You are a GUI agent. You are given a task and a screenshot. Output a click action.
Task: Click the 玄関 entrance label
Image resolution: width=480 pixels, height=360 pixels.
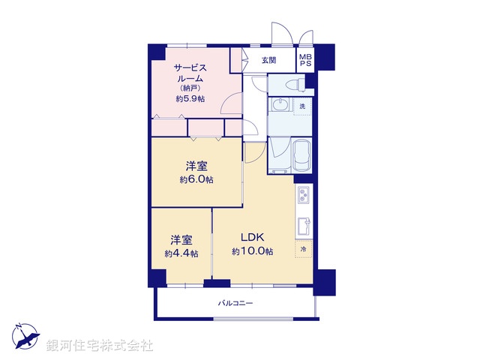coord(268,61)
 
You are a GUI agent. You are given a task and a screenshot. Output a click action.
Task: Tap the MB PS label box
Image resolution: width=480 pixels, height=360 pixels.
coord(306,60)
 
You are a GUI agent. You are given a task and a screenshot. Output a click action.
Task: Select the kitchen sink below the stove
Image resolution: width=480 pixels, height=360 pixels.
coord(304,226)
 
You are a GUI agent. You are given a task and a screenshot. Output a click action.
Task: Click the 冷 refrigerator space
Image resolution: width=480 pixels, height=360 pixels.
coord(304,248)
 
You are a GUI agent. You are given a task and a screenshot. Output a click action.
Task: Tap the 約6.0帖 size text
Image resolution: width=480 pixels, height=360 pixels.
coord(196,180)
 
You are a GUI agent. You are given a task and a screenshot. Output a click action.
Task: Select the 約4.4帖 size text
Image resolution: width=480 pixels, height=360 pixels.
coord(181,253)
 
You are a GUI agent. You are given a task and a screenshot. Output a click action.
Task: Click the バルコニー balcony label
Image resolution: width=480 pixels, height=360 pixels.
coord(235,304)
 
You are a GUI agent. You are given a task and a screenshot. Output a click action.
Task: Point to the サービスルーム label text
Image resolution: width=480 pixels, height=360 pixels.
coord(190,72)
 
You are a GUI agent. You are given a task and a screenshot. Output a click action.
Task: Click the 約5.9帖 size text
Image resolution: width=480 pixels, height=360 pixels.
coord(191,99)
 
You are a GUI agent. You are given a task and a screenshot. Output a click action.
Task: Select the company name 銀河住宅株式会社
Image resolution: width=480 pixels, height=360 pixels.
coord(100,346)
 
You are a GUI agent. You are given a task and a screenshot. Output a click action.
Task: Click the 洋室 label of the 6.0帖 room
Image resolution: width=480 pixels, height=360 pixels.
coord(196,166)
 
